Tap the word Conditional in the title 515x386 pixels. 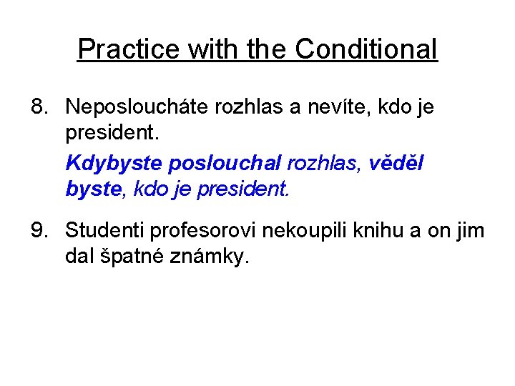[x=366, y=49]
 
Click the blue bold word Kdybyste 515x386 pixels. [x=114, y=163]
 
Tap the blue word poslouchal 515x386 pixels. [x=225, y=163]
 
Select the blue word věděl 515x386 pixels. [x=396, y=163]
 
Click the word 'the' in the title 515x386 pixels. [x=268, y=49]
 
